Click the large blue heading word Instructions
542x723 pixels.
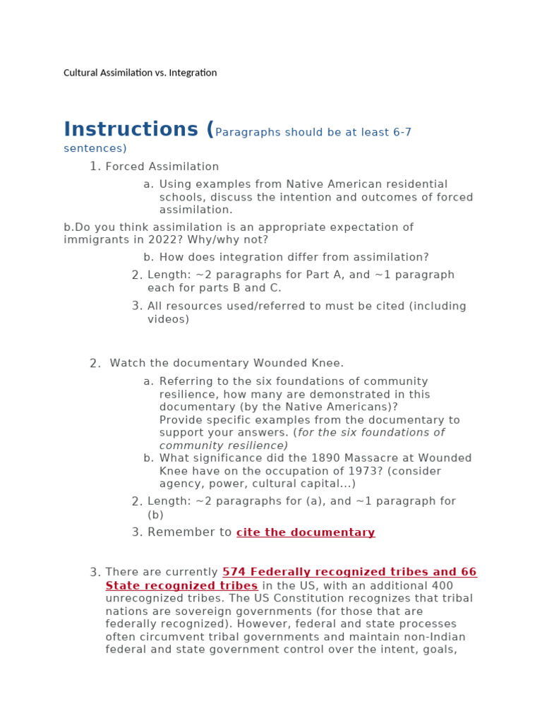coord(131,130)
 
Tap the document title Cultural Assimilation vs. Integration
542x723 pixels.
coord(140,73)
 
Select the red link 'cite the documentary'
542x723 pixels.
coord(306,532)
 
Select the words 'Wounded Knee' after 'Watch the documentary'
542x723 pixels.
coord(306,363)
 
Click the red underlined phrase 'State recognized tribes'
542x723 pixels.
coord(181,586)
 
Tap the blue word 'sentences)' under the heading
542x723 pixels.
coord(95,148)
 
